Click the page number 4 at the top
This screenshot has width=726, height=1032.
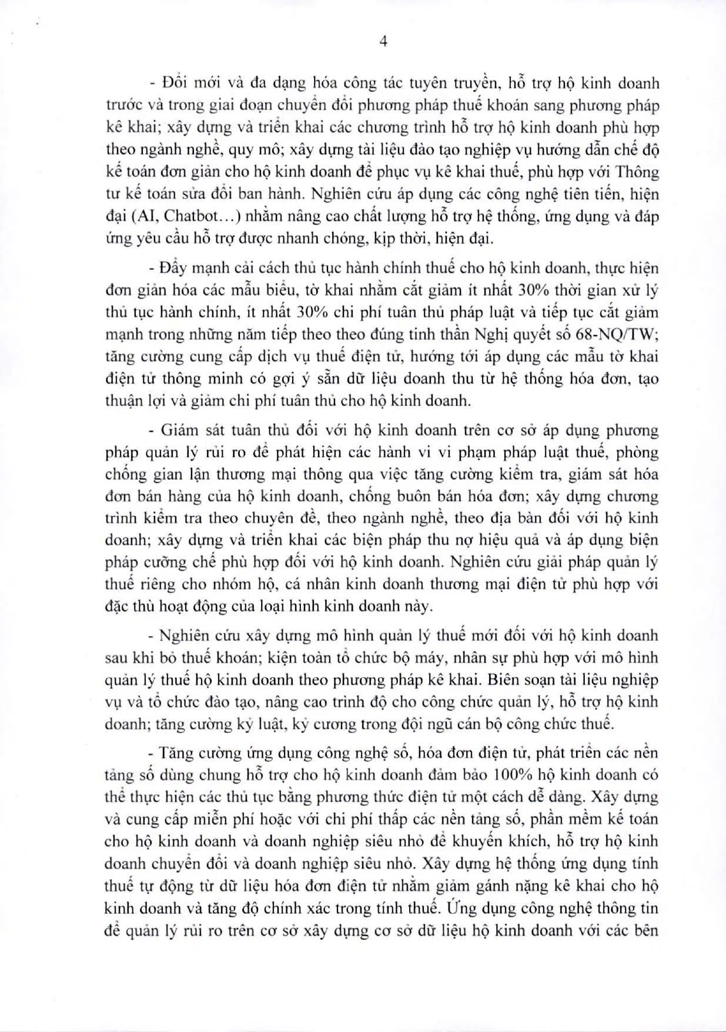(x=383, y=41)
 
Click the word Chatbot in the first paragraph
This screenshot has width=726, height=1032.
(x=191, y=216)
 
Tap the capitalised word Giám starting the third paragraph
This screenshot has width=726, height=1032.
(x=179, y=430)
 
